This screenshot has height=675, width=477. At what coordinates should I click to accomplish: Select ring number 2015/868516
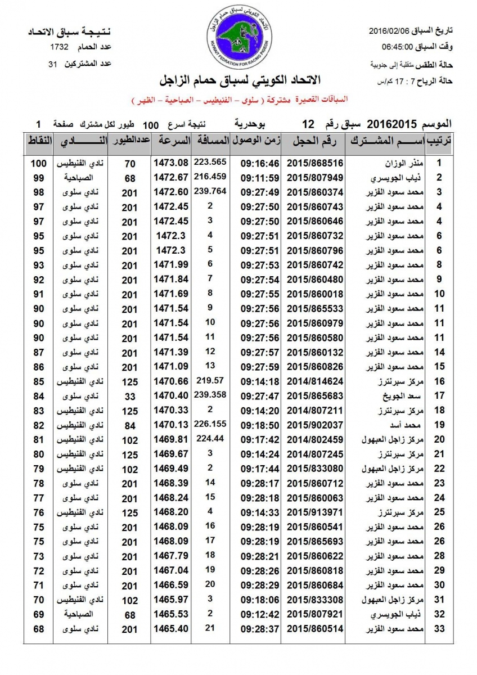315,163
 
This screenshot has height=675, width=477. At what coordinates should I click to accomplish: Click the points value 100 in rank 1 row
38,163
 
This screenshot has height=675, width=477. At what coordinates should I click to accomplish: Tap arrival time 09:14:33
260,513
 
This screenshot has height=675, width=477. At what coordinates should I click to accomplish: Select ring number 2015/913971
315,513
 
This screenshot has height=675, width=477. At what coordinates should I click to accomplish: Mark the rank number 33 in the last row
440,628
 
